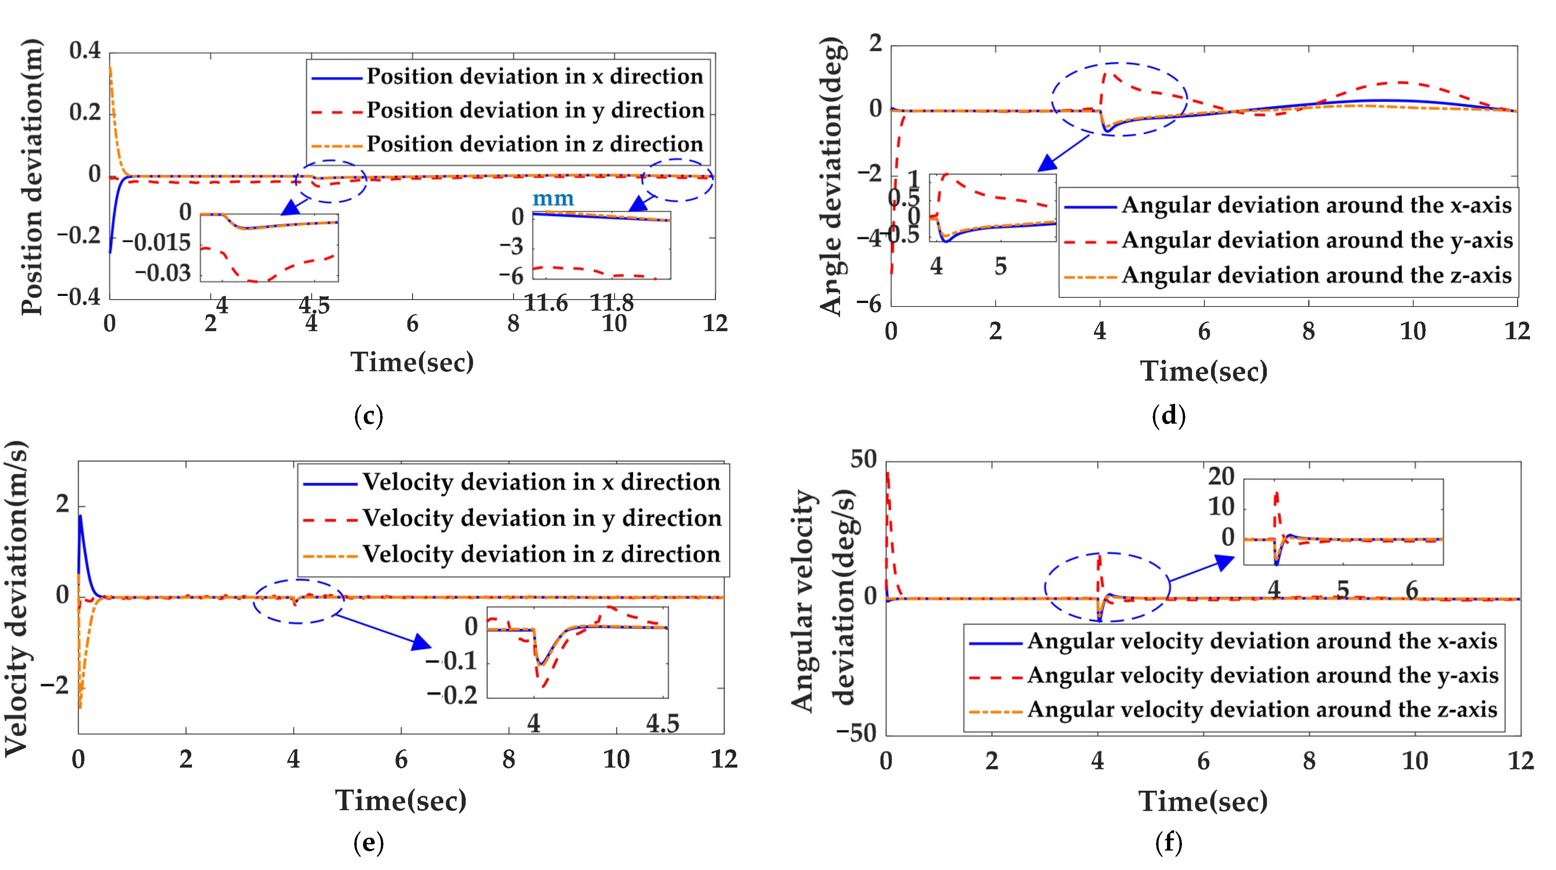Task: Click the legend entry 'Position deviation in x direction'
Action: [535, 77]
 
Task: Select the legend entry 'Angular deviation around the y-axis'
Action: [1317, 240]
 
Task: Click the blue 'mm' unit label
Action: [553, 198]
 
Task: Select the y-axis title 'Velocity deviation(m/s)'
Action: [17, 598]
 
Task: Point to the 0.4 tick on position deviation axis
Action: [85, 51]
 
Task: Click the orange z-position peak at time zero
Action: [110, 68]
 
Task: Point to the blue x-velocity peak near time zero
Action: [80, 516]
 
